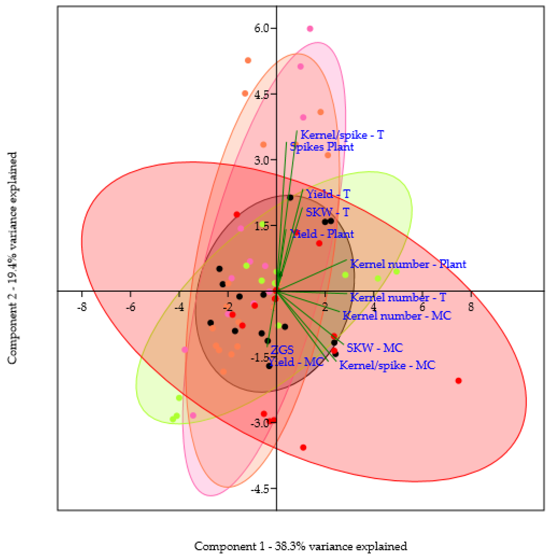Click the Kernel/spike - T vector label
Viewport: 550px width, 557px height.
coord(342,135)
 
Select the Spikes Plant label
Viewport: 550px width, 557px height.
coord(322,147)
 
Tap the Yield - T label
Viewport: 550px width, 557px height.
coord(328,194)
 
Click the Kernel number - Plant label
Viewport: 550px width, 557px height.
coord(408,264)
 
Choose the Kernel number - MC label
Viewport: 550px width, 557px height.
coord(397,316)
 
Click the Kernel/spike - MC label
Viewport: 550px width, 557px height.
coord(387,365)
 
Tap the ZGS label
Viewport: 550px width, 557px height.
coord(282,350)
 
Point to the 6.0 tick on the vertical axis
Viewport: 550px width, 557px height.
coord(261,29)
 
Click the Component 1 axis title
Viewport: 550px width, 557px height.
coord(301,546)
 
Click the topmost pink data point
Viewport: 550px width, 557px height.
coord(310,29)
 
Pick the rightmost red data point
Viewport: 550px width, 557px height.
coord(459,381)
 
